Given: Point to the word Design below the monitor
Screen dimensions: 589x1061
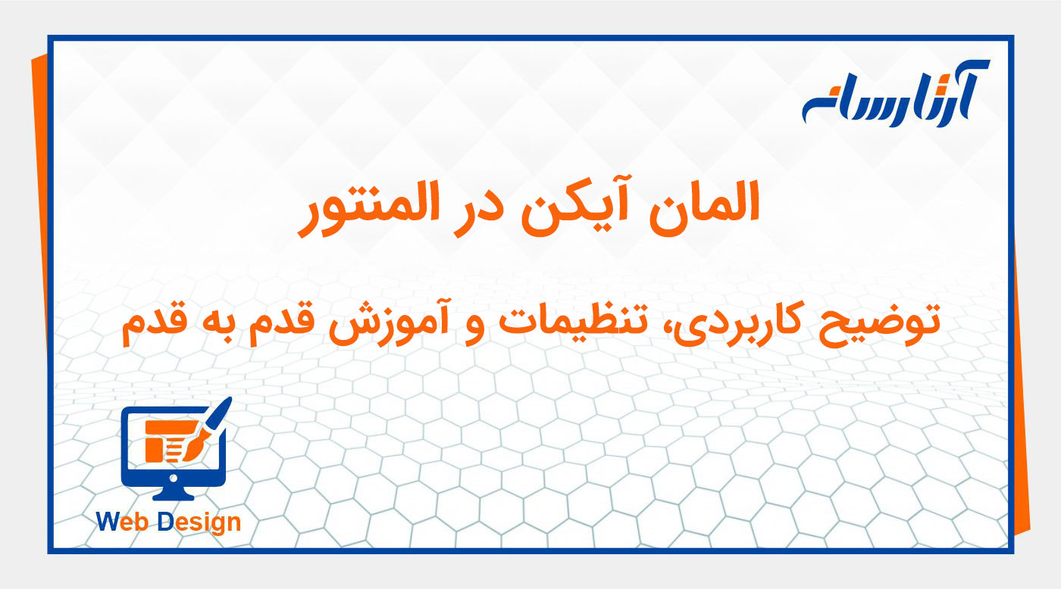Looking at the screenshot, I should click(x=199, y=522).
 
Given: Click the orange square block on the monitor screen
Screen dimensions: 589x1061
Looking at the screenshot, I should click(x=155, y=450).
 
